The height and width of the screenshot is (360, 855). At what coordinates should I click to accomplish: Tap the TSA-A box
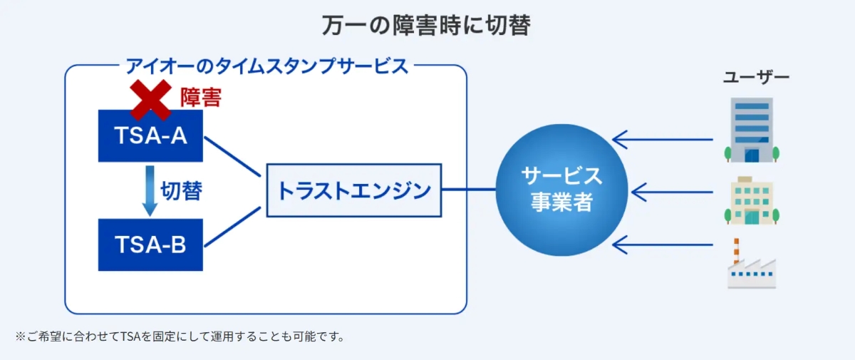click(x=150, y=135)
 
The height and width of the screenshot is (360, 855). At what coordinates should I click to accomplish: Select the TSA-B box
click(x=150, y=245)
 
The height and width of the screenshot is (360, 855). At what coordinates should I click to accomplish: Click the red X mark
click(x=150, y=100)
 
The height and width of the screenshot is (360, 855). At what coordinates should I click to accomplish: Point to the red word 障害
click(x=200, y=98)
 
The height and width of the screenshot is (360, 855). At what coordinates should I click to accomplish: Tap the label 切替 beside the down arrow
click(x=181, y=190)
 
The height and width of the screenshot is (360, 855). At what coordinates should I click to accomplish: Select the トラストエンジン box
click(x=353, y=190)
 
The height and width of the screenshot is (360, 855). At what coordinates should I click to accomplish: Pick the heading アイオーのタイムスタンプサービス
click(x=266, y=66)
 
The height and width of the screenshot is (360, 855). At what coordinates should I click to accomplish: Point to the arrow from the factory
click(x=663, y=245)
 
